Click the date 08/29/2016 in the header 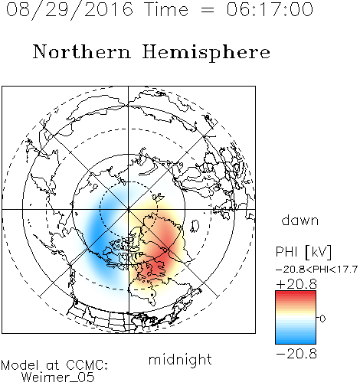coord(70,10)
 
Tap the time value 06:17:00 coord(270,9)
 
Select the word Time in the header coord(166,9)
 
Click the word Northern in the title coord(82,51)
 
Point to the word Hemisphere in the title coord(206,53)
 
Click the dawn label coord(300,220)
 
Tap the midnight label coord(180,359)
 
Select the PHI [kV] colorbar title coord(303,252)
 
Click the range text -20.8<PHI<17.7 coord(316,270)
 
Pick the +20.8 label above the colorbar coord(296,284)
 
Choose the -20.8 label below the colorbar coord(296,354)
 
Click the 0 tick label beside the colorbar coord(322,319)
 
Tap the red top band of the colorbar coord(296,295)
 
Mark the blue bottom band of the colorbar coord(296,340)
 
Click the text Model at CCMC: coord(54,365)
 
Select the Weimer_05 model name coord(58,377)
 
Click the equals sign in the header coord(207,10)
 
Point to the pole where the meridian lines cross coord(129,209)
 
